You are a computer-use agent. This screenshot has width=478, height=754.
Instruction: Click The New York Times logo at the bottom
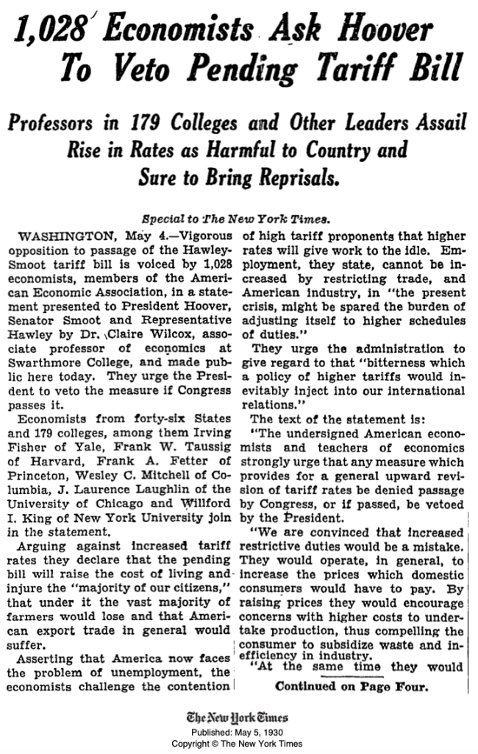point(238,718)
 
